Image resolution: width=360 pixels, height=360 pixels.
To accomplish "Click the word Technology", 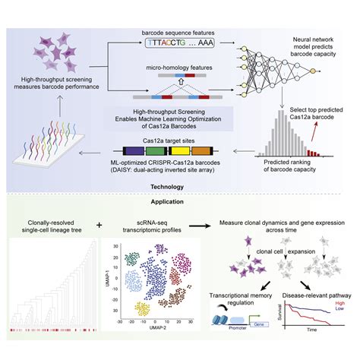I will coord(180,185).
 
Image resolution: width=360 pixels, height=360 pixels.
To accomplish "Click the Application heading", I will coord(180,202).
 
